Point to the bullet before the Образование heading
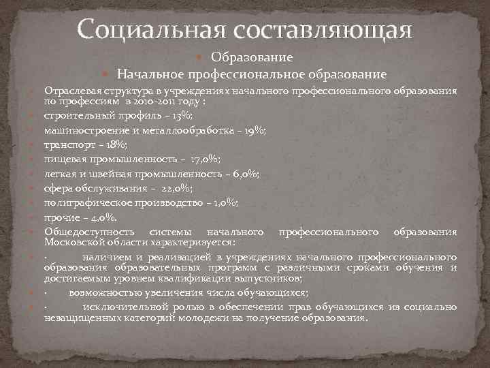206,58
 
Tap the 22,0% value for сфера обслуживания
175,189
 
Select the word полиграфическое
86,203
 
